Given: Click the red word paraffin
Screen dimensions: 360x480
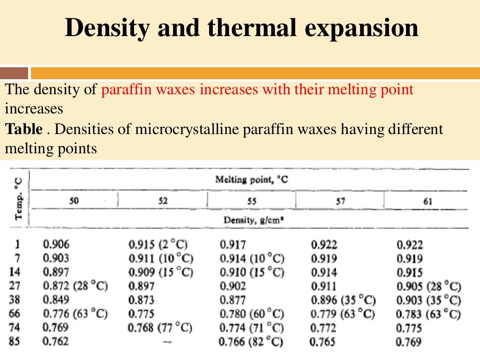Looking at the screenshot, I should pos(122,89).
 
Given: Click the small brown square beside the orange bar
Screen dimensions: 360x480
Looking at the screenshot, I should pos(14,73).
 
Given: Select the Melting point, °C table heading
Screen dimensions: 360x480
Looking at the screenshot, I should pos(251,180).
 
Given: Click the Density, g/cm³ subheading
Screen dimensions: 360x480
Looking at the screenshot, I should pos(251,220).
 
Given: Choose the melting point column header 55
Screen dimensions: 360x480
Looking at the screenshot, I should pos(252,201).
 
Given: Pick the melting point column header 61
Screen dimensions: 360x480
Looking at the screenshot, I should pos(427,201).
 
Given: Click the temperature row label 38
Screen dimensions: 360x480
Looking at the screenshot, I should pos(15,300).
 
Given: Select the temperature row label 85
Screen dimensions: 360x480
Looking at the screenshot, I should pos(15,342).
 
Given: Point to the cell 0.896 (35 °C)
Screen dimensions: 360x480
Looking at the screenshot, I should pos(343,300).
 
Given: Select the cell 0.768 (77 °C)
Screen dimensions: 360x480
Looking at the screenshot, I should pos(160,328).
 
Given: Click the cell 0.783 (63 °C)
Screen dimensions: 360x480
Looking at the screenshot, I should pos(428,314).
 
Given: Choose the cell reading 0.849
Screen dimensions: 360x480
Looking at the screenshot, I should pos(55,300).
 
